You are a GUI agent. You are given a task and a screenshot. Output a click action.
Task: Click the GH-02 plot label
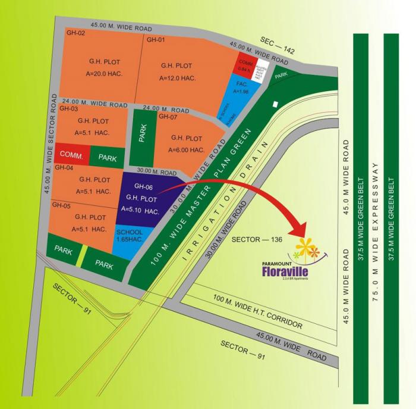coord(75,33)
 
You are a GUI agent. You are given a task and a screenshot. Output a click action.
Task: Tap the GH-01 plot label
coord(155,40)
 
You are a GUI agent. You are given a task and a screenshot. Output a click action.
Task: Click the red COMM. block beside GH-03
coord(71,155)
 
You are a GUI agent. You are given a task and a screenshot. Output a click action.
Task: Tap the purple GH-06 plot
coord(140,200)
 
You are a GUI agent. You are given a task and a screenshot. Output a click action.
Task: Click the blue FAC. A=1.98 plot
coord(241,95)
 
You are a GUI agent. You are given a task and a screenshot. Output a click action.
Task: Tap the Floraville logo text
coord(287,270)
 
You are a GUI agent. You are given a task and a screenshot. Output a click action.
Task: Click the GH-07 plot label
coord(168,117)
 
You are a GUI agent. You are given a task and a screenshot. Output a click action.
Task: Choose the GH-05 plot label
coord(61,205)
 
